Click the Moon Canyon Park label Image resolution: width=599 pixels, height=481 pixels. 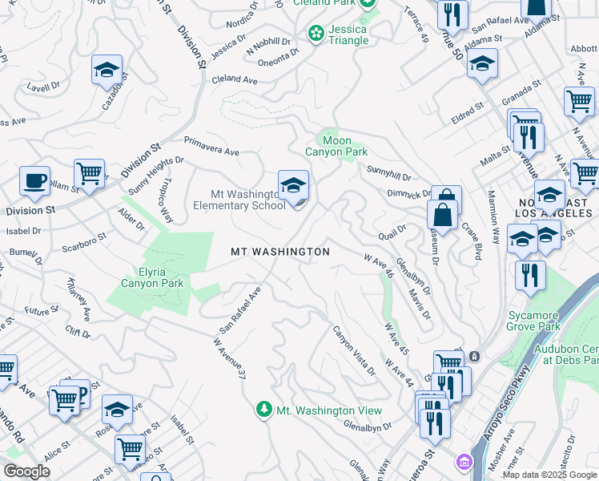(336, 146)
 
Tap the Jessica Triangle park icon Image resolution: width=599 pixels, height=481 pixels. (316, 34)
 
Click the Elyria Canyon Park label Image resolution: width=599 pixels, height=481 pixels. (152, 277)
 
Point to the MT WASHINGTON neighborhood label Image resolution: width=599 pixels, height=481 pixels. (280, 252)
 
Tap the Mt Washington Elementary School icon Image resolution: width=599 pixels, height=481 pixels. (293, 186)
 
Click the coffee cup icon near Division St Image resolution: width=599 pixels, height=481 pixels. (34, 180)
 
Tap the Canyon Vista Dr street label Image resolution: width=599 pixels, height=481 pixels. (354, 350)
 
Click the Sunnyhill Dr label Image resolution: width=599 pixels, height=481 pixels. (388, 172)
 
